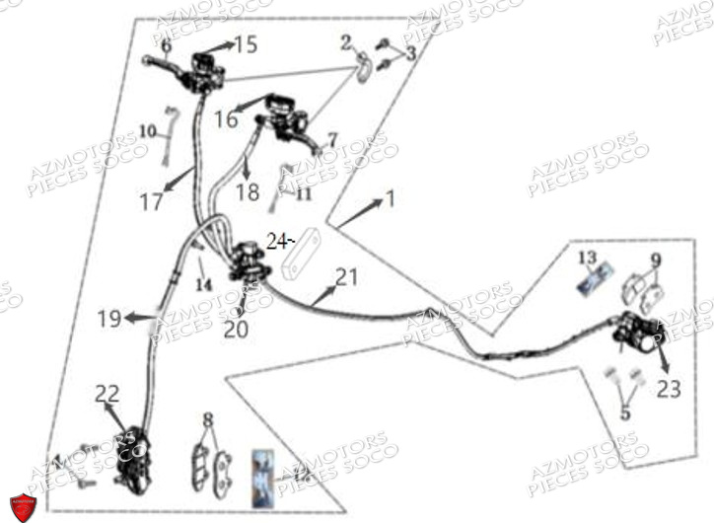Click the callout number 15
coord(246,44)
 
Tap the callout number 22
coord(107,394)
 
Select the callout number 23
coord(669,389)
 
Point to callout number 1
coord(390,199)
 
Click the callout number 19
coord(109,319)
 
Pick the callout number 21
coord(346,277)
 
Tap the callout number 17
coord(151,202)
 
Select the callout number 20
coord(236,330)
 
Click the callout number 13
coord(588,258)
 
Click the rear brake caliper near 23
coord(633,333)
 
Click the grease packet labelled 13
coord(593,279)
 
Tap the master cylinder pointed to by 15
coord(208,68)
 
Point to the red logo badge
coord(22,504)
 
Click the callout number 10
coord(147,130)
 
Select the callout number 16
coord(226,118)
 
